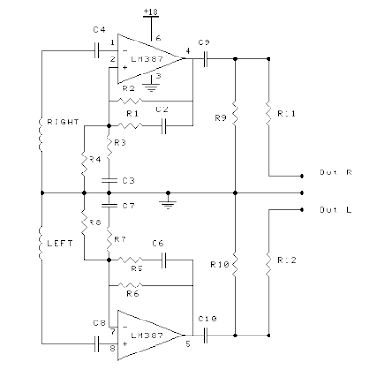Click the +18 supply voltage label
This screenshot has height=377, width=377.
(151, 12)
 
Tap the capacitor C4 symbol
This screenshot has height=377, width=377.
(97, 50)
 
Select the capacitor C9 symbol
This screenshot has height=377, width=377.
(205, 58)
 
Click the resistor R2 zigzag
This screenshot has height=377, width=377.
(130, 101)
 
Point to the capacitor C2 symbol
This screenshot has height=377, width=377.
(164, 126)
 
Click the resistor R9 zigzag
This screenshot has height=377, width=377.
(235, 113)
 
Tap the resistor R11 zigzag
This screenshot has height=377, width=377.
(269, 113)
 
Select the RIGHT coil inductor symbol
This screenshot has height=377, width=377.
(41, 135)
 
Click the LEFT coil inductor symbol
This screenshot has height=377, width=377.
(41, 243)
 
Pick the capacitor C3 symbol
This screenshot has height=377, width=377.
(109, 180)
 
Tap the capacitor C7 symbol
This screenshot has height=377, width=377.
(109, 205)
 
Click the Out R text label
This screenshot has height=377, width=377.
(336, 172)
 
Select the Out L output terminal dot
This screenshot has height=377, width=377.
(302, 210)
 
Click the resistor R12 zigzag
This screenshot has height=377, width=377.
(269, 264)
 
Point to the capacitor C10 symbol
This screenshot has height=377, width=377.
(205, 336)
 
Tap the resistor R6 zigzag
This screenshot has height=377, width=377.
(130, 285)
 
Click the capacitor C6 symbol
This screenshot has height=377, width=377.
(164, 260)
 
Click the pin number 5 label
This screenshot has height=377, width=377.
(188, 344)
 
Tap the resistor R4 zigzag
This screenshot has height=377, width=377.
(84, 164)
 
